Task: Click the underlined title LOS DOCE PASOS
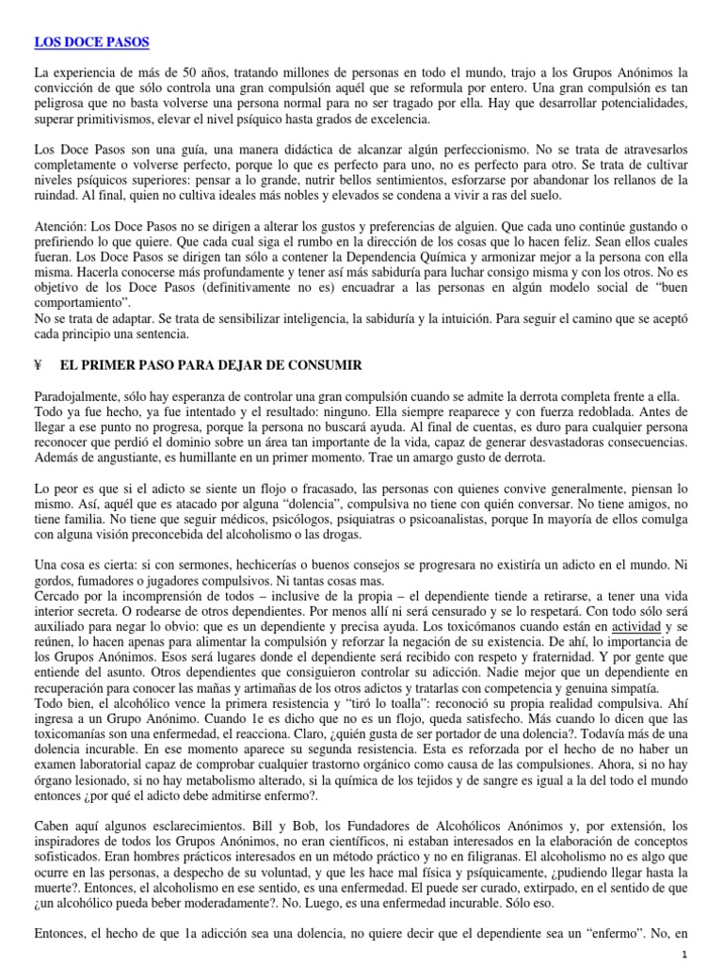[x=91, y=43]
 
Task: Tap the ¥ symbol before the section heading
[x=39, y=364]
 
